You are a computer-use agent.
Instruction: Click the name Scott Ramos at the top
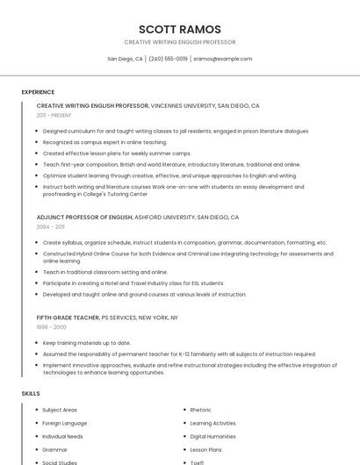coord(180,29)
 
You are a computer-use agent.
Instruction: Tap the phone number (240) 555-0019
coord(168,59)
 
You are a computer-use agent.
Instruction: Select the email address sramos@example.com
coord(223,59)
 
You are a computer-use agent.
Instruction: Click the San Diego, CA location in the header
coord(125,59)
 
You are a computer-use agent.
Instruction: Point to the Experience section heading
coord(38,92)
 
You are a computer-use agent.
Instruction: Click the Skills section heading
coord(31,393)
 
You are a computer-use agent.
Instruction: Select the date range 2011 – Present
coord(54,115)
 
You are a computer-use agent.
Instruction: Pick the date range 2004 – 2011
coord(50,226)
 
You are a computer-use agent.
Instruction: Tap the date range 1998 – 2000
coord(50,326)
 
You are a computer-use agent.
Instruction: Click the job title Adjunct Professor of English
coord(84,217)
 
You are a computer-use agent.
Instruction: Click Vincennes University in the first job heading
coord(183,105)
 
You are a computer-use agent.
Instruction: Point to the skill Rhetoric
coord(200,410)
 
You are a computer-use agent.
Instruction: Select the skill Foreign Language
coord(63,423)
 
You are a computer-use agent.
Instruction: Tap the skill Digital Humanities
coord(212,436)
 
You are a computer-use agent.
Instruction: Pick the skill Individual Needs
coord(62,436)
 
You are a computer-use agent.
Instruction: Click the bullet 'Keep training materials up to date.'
coord(87,342)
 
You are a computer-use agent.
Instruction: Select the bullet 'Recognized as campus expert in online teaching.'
coord(104,141)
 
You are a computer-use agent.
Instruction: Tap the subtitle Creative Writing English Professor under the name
coord(180,42)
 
